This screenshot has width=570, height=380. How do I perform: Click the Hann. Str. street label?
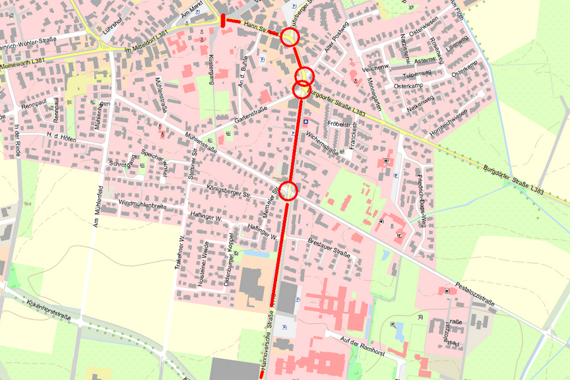point(255,27)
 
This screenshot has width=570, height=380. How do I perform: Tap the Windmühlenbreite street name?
point(142,205)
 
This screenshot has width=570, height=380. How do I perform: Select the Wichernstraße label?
point(322,143)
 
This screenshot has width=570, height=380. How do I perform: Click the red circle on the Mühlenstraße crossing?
point(288,191)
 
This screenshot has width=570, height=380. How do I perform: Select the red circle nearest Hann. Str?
point(290,37)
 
